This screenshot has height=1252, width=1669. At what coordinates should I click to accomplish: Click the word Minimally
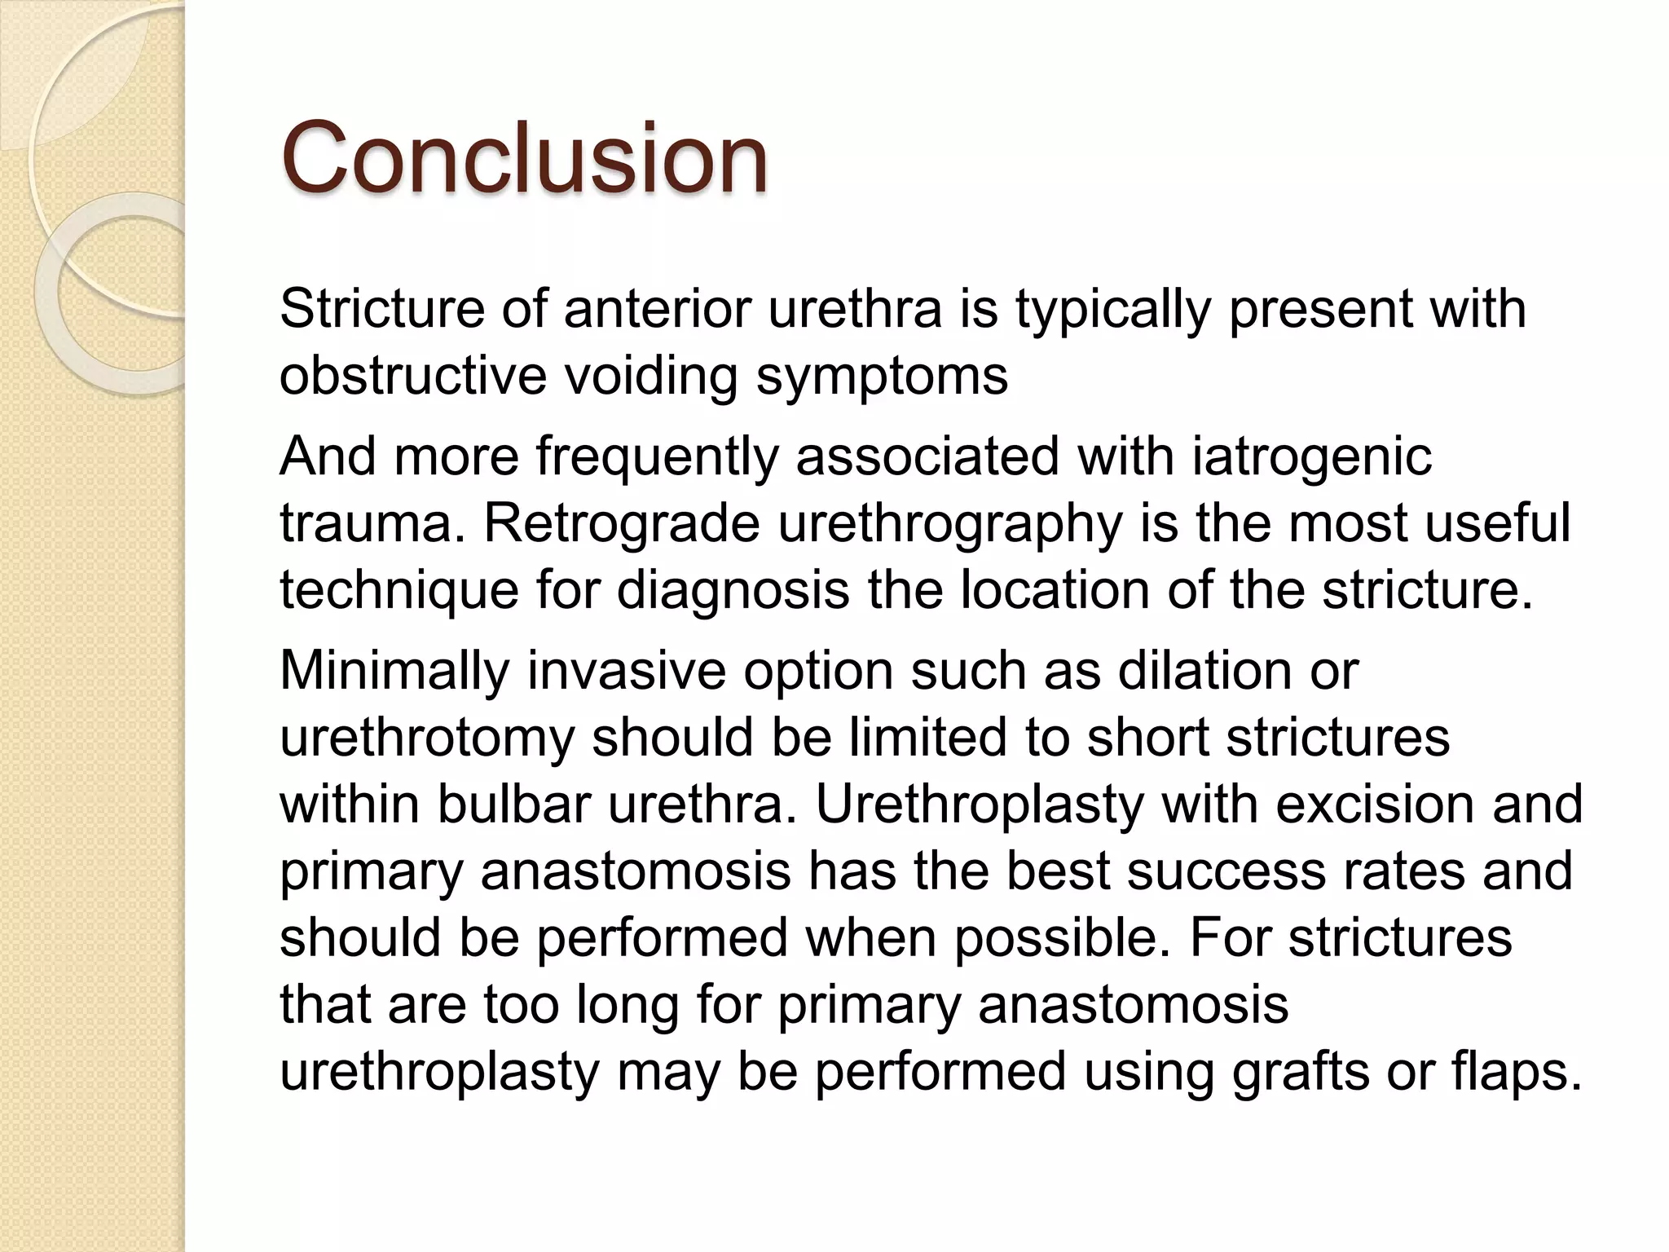394,670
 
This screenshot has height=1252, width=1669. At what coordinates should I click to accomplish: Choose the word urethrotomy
427,737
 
